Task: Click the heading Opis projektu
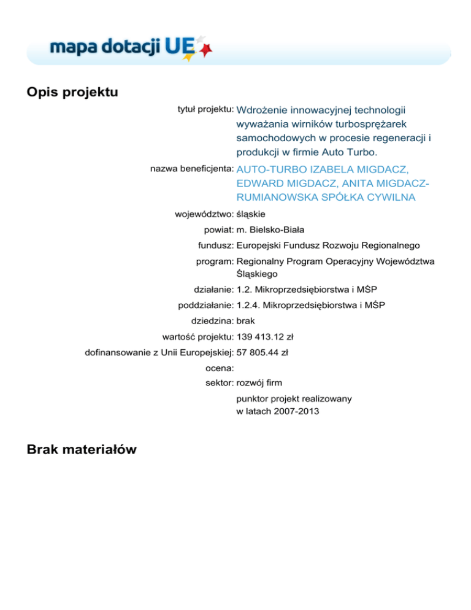[x=72, y=92]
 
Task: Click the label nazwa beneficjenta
[x=192, y=168]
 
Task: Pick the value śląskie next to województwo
[x=251, y=215]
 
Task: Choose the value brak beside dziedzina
[x=245, y=320]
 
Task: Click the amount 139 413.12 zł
[x=264, y=336]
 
